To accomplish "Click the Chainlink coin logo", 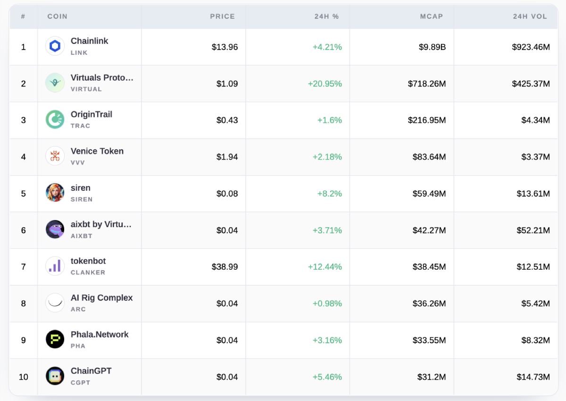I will [55, 46].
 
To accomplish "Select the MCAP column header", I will [431, 17].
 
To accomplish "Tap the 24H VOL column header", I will [530, 17].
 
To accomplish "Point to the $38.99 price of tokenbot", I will [225, 267].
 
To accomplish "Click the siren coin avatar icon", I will [55, 193].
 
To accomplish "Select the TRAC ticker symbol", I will [80, 126].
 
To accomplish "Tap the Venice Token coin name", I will [97, 151].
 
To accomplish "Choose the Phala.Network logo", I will [55, 339].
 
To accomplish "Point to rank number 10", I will [23, 377].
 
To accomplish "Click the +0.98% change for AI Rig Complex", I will [327, 304].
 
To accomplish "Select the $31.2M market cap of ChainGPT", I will [431, 377].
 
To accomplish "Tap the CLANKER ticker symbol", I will [88, 273].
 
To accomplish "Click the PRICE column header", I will [222, 17].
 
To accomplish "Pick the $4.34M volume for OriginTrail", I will [535, 120].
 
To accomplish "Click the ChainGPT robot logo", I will [55, 376].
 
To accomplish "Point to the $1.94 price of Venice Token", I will [227, 157].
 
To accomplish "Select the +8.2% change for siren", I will [329, 194].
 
